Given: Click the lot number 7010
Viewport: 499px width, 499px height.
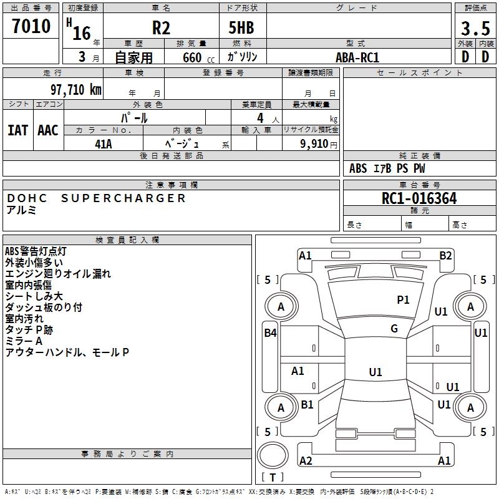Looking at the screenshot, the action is [31, 27].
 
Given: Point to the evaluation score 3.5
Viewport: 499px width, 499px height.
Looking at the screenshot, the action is [475, 29].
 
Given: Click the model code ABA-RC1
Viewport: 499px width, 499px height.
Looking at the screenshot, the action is [357, 57].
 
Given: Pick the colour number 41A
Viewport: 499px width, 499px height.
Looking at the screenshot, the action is [104, 143].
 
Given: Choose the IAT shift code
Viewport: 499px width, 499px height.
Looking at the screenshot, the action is [17, 130].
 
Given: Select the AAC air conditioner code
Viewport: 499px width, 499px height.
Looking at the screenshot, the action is [48, 130].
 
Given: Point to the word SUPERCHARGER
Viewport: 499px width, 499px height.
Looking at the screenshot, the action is [124, 198].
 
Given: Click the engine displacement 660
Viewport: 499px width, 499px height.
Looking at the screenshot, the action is [192, 57].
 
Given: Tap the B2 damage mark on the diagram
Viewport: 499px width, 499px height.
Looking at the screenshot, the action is [445, 255].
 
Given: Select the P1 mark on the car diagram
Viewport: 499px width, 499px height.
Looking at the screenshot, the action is [403, 300].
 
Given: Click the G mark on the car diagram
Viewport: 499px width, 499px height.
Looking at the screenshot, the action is [394, 329].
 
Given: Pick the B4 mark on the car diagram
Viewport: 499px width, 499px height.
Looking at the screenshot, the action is [270, 333].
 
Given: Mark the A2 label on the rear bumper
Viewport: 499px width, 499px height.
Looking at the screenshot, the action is [306, 461].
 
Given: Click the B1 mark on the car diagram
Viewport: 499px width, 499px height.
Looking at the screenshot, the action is [307, 405].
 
